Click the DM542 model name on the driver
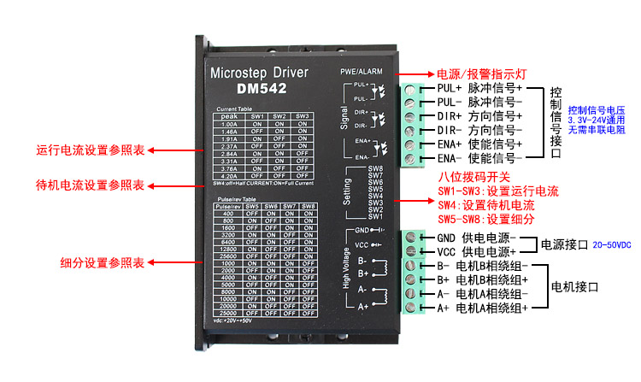(261, 87)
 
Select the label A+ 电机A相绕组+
(482, 307)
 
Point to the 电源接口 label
(565, 244)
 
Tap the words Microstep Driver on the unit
(259, 72)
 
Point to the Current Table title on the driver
(233, 109)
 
